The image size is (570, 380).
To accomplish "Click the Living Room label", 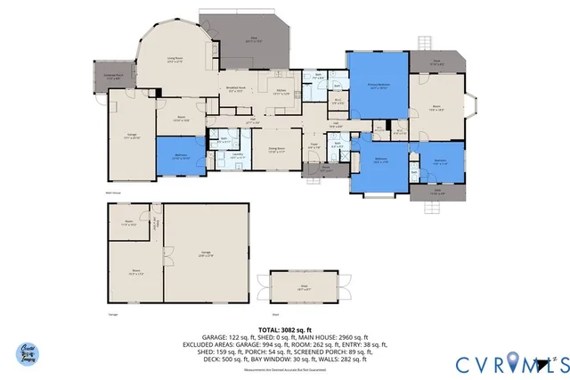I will (175, 61).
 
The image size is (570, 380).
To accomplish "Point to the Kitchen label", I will (280, 90).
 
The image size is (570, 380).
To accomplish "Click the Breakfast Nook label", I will (237, 89).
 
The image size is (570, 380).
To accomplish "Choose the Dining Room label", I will (276, 150).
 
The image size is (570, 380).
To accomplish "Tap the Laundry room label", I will (238, 156).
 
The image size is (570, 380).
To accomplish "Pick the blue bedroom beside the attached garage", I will (180, 155).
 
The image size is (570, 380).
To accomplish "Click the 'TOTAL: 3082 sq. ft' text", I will (285, 329).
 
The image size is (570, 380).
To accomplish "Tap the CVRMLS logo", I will (512, 364).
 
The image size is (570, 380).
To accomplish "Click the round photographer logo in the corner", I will (28, 354).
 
